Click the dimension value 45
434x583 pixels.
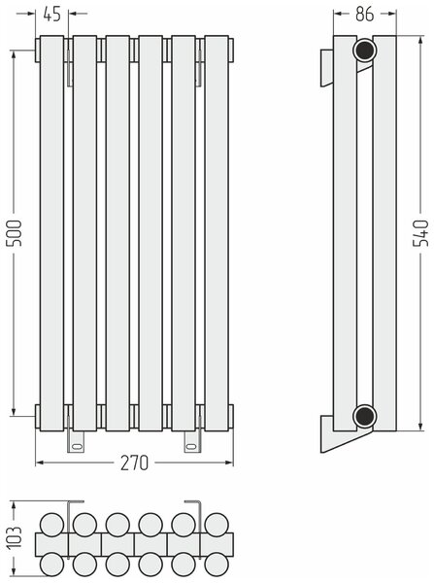[51, 15]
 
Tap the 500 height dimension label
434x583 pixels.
[16, 233]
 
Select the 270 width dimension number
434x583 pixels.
[134, 463]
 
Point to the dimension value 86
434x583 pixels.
[364, 15]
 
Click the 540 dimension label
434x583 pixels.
[421, 233]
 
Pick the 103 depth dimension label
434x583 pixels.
[16, 537]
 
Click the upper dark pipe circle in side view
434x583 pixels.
[364, 51]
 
